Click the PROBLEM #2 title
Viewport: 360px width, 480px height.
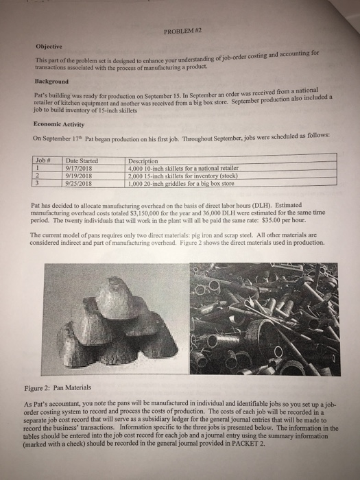[x=183, y=31]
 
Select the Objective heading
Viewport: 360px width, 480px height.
[x=49, y=47]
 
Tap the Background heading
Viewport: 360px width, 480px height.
[x=51, y=82]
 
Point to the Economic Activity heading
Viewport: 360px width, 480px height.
[x=59, y=124]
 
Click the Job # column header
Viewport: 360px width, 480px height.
[x=43, y=160]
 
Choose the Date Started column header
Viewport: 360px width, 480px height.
[x=82, y=160]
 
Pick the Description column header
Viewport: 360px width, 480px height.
[x=143, y=161]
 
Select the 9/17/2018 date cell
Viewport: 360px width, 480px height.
[x=79, y=168]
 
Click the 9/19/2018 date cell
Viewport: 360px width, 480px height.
[x=79, y=176]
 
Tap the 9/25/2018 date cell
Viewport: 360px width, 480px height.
[x=79, y=184]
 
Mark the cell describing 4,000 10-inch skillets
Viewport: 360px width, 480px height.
[x=183, y=168]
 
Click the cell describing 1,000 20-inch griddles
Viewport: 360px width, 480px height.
[x=181, y=184]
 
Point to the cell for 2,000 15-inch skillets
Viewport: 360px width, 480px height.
[x=183, y=176]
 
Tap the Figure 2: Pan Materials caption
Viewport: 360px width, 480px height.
[x=58, y=388]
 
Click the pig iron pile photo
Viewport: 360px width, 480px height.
[x=116, y=319]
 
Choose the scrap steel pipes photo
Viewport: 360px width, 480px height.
[x=265, y=319]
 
